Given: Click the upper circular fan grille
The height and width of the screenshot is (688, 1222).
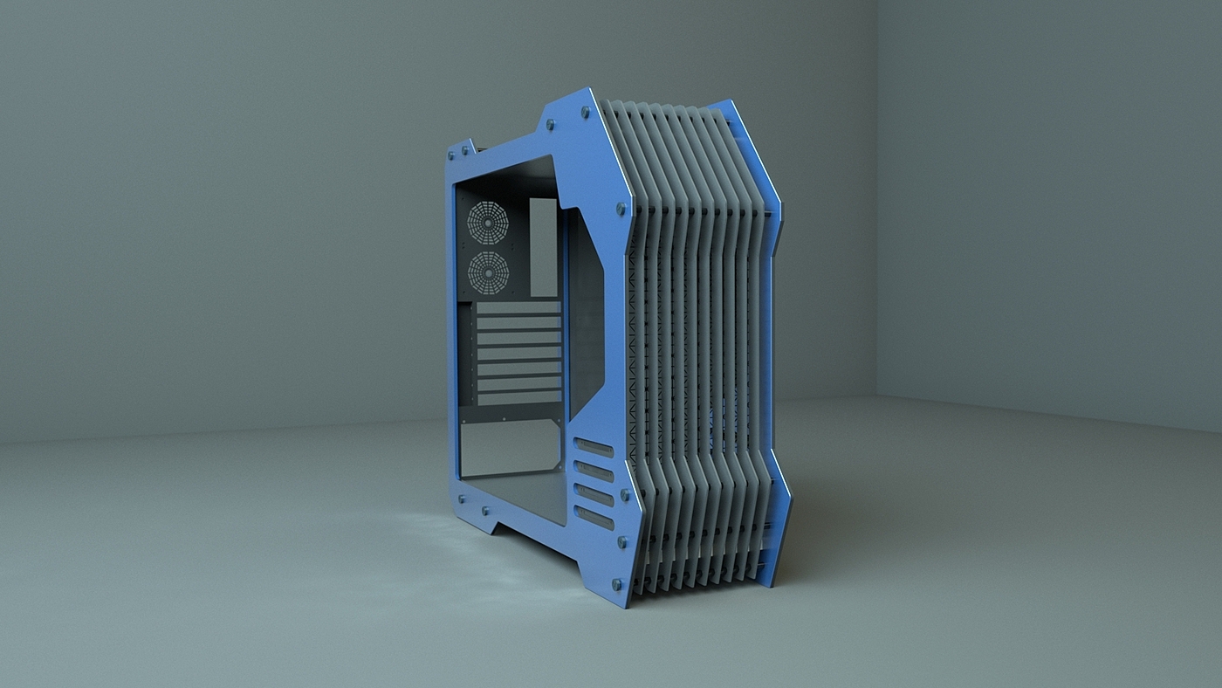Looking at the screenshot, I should click(488, 222).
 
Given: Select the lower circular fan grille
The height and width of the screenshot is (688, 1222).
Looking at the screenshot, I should click(489, 272).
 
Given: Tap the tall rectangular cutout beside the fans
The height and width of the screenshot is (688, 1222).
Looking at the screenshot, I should click(543, 246).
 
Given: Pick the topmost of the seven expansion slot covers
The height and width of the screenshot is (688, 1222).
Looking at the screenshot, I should click(518, 308).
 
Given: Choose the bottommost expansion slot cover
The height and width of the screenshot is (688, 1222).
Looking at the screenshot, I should click(518, 398).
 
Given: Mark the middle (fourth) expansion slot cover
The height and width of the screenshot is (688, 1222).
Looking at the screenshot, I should click(518, 354).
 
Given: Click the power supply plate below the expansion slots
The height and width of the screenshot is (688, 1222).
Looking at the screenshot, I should click(510, 447).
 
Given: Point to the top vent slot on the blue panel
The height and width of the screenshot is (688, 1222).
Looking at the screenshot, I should click(594, 449).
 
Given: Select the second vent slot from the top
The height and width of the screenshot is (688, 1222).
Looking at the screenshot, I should click(594, 472).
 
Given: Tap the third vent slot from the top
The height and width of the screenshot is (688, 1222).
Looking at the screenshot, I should click(594, 495).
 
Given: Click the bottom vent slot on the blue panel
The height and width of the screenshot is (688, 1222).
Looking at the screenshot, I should click(594, 518).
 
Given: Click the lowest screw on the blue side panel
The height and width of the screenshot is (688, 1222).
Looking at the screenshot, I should click(617, 582).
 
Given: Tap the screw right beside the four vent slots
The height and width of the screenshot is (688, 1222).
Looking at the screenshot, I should click(625, 494).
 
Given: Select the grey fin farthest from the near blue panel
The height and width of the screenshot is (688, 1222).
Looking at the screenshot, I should click(752, 349).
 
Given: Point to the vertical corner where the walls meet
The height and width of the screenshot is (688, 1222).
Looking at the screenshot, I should click(876, 201).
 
